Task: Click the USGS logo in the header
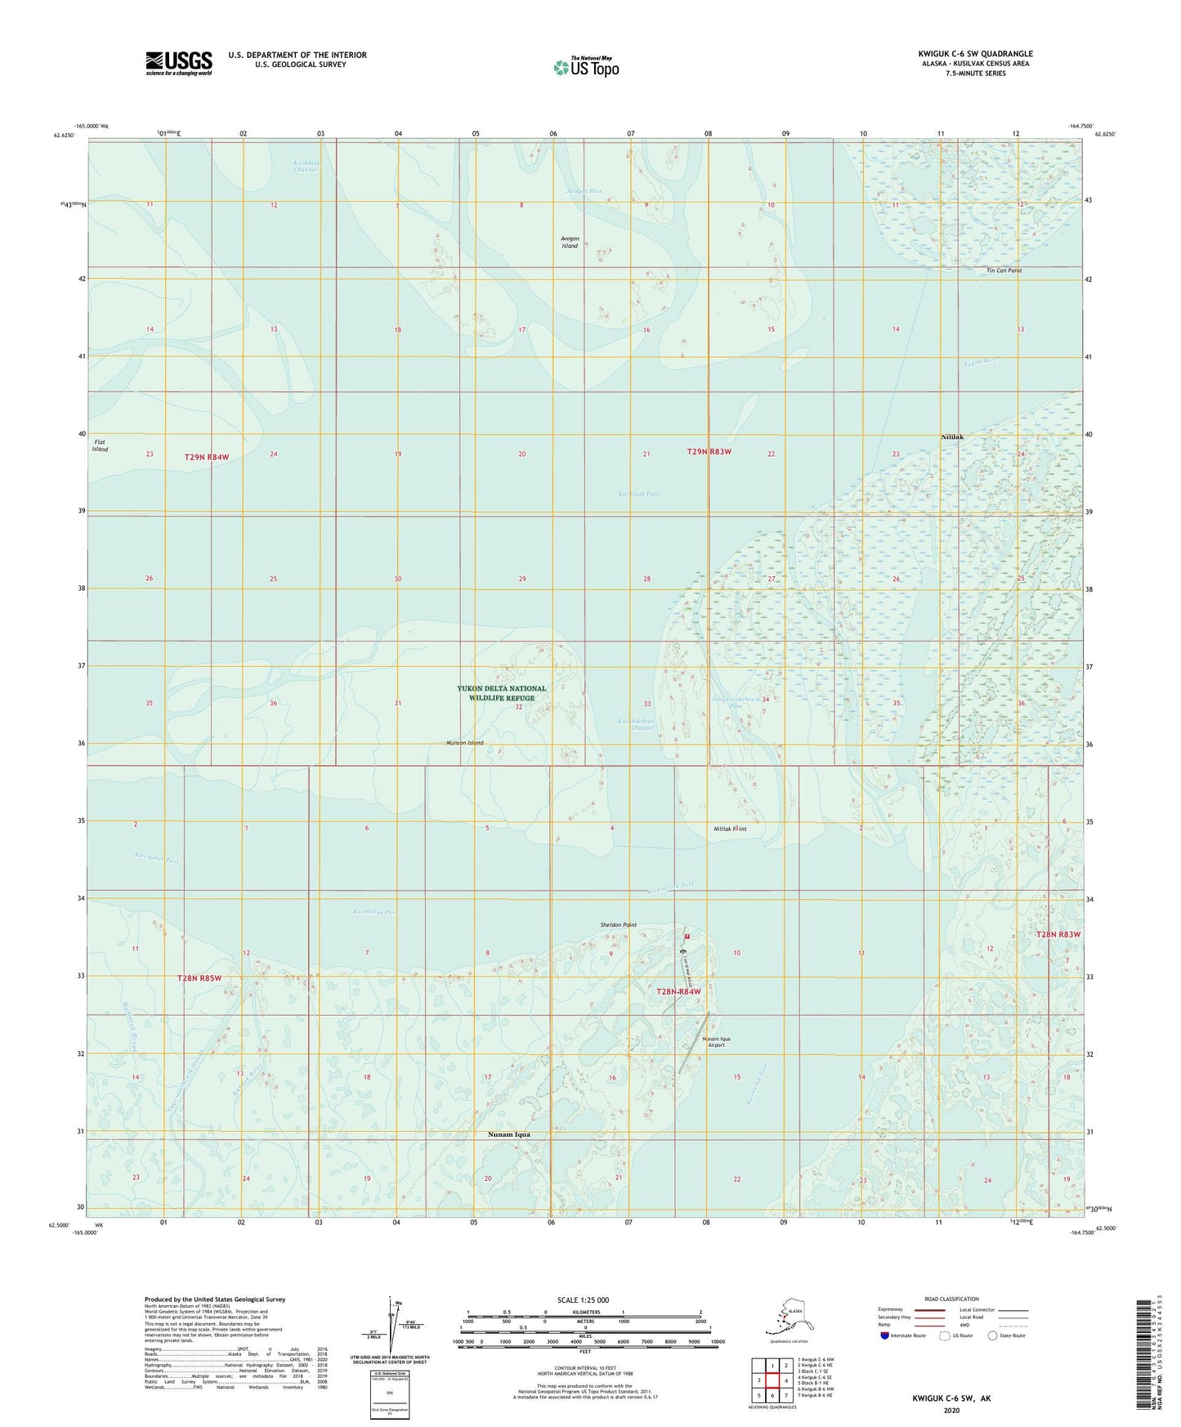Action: point(179,63)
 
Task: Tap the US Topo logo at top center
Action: point(585,66)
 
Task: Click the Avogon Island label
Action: point(570,242)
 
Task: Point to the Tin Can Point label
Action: point(1004,270)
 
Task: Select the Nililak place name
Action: point(952,437)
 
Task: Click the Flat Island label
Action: point(100,445)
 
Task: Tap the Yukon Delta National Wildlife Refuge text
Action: point(502,693)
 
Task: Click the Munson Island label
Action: point(465,743)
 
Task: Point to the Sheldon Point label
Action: point(618,925)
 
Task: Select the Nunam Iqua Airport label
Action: point(716,1042)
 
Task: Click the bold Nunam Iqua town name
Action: point(509,1134)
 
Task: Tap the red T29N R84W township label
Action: point(207,457)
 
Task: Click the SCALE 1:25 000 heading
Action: point(583,1300)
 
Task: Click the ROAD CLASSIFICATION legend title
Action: point(951,1299)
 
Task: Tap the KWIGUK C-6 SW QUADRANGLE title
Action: point(975,54)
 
